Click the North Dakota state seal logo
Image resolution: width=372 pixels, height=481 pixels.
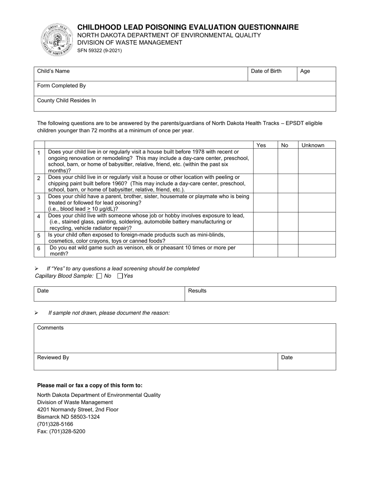point(57,40)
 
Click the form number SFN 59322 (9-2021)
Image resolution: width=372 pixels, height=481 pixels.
point(99,50)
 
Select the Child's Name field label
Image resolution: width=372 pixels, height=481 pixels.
point(53,71)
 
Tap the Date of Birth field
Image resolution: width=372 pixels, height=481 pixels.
point(272,74)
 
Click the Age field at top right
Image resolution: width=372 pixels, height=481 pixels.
point(316,74)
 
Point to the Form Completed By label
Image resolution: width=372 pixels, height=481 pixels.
point(61,86)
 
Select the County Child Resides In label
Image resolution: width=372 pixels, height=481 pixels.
point(66,101)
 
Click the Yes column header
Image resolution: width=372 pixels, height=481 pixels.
point(261,145)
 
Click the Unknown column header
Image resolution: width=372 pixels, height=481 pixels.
point(313,145)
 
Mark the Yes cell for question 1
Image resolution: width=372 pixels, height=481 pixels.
point(265,161)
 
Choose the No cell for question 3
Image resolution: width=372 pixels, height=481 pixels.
point(288,203)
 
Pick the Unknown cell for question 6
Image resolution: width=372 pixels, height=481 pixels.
point(317,251)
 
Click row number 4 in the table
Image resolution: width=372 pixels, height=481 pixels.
point(39,216)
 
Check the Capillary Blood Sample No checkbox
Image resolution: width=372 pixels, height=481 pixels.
point(99,276)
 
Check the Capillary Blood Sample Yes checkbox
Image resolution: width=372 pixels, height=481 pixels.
point(120,276)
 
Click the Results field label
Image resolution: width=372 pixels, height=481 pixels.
point(197,291)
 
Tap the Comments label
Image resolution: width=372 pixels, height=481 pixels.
point(50,328)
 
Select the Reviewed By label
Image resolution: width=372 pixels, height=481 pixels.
point(53,357)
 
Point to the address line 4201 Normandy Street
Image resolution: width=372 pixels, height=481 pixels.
point(78,409)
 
